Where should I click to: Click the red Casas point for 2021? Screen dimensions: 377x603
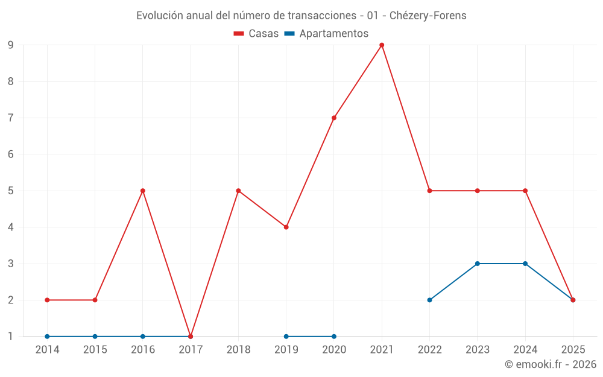(x=382, y=45)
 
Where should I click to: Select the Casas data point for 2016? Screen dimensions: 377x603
(x=143, y=191)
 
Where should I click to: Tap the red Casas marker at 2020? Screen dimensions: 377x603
(x=334, y=118)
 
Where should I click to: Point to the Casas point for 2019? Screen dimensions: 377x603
(x=286, y=227)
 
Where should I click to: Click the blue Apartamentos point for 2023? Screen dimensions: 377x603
(x=478, y=264)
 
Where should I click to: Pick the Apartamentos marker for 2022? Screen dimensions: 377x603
(x=429, y=300)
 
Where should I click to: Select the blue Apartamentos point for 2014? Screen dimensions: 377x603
(x=47, y=337)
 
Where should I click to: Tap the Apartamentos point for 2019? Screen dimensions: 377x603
(x=286, y=337)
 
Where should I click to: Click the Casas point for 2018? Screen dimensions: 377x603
(x=238, y=191)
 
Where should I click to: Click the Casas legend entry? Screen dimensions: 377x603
(x=256, y=34)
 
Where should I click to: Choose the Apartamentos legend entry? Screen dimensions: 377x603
(x=326, y=34)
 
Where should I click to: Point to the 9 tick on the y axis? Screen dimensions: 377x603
(x=10, y=45)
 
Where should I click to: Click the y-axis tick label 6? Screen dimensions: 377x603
(x=10, y=154)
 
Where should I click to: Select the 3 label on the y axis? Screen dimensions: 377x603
(x=10, y=264)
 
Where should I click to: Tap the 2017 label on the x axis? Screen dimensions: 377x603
(x=191, y=349)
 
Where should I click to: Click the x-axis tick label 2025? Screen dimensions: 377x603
(x=573, y=349)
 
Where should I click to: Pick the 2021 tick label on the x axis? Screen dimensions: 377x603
(x=382, y=349)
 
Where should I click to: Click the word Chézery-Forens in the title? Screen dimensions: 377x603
(x=428, y=16)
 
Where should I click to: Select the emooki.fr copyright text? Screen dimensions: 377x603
(x=551, y=364)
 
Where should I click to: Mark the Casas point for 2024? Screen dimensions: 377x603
(x=525, y=191)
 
